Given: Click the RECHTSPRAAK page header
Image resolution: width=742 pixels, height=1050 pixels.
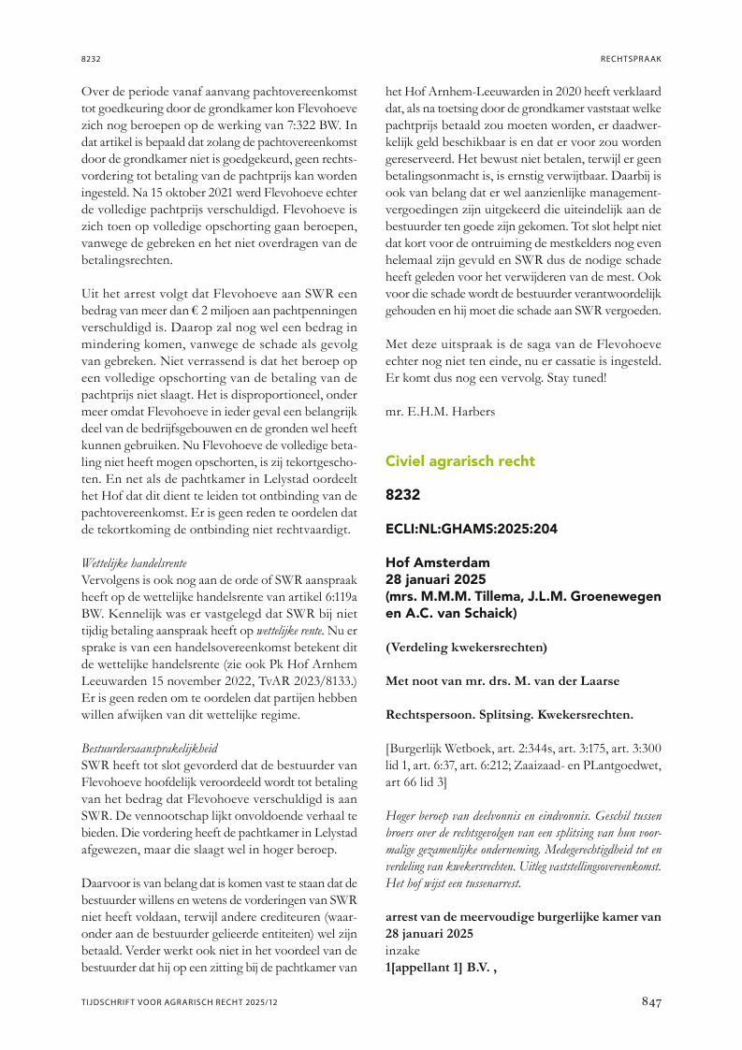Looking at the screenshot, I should coord(631,59).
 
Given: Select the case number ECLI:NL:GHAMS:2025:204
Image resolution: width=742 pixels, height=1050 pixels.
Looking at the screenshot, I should coord(472,529).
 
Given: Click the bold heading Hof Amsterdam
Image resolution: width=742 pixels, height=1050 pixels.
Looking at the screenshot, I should coord(436,562).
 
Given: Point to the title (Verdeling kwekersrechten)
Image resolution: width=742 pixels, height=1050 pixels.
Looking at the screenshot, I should coord(466,648).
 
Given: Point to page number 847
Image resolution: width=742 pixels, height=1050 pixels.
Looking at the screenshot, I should coord(651,1002).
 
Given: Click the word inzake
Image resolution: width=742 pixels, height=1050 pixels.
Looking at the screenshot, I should coord(402,952).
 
